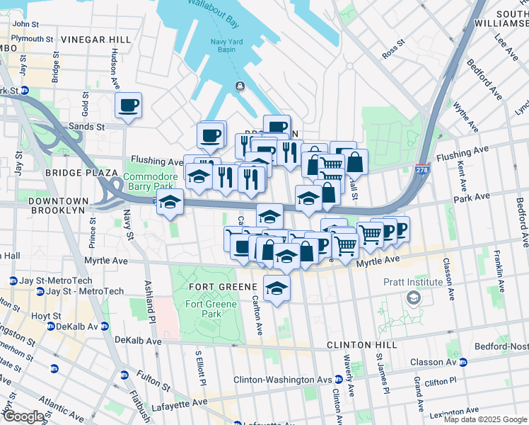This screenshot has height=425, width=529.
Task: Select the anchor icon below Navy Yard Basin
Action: point(240,86)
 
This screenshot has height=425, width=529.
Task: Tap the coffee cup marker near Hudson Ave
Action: point(128,106)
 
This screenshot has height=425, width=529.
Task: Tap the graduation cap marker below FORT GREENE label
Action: point(277,288)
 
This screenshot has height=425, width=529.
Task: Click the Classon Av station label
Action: point(431,362)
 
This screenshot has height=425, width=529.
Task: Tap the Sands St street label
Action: point(86,127)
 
